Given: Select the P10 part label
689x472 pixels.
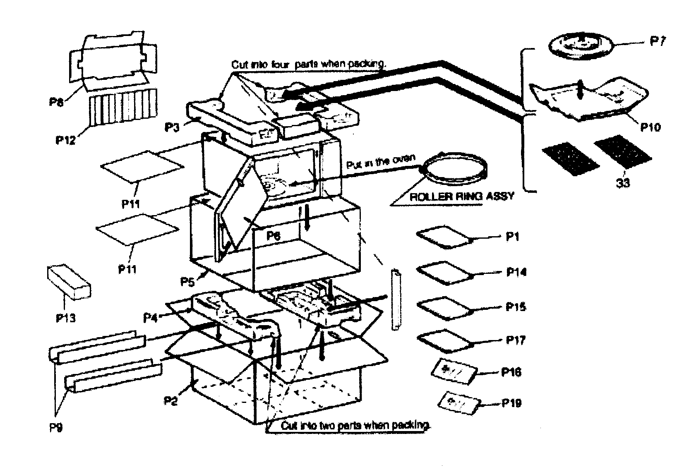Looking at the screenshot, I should click(x=651, y=127).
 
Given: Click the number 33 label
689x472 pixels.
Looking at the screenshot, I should click(x=622, y=182).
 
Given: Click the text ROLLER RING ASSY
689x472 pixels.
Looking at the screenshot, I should click(x=461, y=196).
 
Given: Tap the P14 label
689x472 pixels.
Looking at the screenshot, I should click(x=516, y=272).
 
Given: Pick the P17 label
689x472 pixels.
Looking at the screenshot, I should click(x=516, y=340).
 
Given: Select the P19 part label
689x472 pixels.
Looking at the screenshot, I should click(x=511, y=403).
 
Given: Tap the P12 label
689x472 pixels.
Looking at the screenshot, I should click(x=65, y=140).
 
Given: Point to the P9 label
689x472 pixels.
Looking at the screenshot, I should click(x=56, y=428).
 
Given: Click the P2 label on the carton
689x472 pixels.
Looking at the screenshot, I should click(x=170, y=400).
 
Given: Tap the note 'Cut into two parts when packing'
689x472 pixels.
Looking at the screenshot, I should click(x=355, y=425).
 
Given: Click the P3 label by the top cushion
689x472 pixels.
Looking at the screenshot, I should click(x=172, y=126).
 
